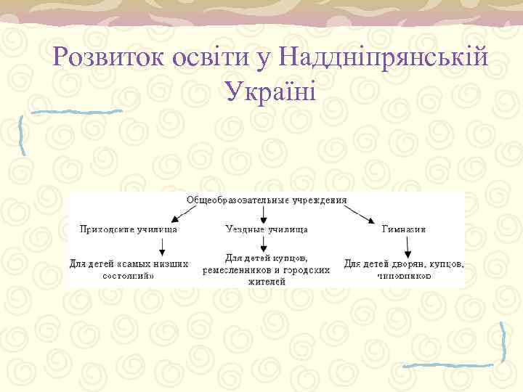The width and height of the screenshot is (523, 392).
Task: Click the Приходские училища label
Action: click(x=129, y=228)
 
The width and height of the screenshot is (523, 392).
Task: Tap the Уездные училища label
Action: click(x=266, y=228)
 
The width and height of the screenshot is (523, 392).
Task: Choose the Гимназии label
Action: click(x=404, y=228)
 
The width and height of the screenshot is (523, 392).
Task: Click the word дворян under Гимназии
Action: click(x=412, y=264)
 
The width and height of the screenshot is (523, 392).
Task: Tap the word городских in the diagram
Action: click(x=305, y=269)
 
